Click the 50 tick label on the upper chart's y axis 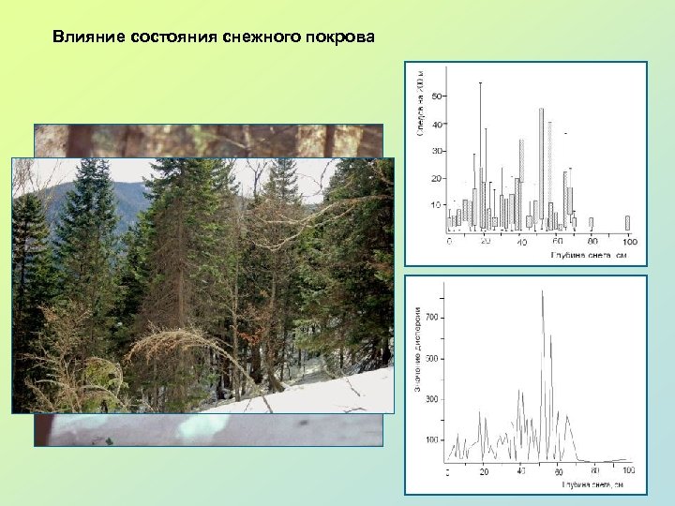(435, 96)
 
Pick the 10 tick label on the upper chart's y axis (435, 205)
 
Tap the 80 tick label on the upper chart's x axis (592, 242)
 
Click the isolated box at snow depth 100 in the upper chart (627, 223)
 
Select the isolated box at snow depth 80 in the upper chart (591, 224)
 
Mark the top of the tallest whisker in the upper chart (481, 83)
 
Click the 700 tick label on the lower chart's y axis (431, 319)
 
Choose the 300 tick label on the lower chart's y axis (431, 399)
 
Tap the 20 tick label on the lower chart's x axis (484, 470)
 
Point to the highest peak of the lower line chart (543, 291)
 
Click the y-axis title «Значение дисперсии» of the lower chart (418, 350)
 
